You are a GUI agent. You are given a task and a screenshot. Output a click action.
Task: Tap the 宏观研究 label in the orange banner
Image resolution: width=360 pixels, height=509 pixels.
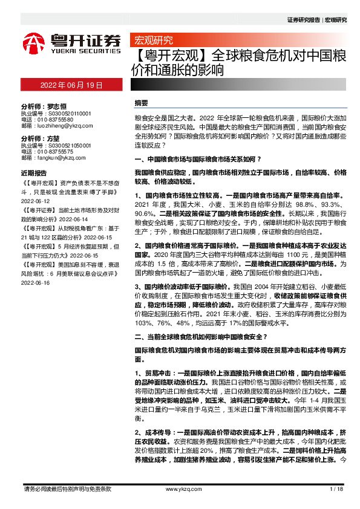click(x=152, y=41)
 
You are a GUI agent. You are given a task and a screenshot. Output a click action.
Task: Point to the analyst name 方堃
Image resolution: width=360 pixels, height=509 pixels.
click(x=55, y=138)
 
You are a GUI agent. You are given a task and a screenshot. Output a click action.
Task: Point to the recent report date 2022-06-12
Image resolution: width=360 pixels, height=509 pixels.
click(x=34, y=203)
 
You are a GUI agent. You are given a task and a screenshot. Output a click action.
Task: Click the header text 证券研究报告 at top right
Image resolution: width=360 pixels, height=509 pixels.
click(x=304, y=20)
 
